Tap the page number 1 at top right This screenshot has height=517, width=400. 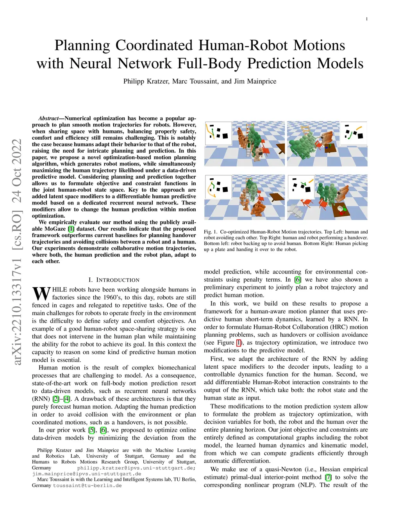point(367,19)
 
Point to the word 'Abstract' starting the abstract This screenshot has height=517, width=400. point(48,118)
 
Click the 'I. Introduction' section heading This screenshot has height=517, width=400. point(114,280)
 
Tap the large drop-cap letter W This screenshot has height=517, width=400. point(41,293)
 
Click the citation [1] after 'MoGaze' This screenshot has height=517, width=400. point(71,229)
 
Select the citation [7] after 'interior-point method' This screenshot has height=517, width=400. point(328,477)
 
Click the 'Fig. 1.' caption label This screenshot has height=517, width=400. point(210,232)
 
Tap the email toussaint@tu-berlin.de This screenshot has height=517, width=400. point(87,485)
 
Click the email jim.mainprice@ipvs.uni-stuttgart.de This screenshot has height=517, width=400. point(87,474)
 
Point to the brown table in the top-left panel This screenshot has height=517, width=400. point(281,148)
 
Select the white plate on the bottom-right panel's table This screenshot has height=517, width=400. point(340,209)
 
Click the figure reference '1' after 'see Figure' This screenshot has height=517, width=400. point(239,343)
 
